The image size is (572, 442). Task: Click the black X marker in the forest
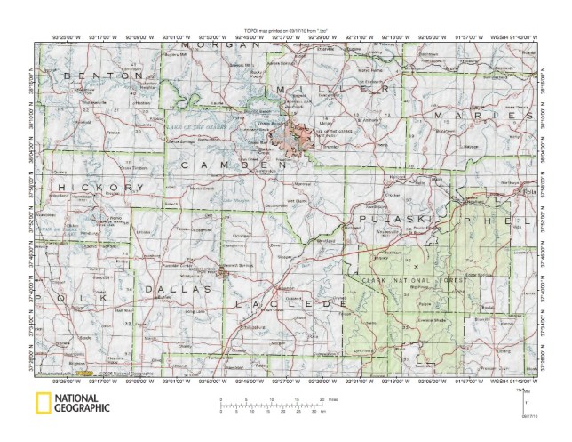coord(417,264)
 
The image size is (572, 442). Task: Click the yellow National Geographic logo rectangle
coord(42,404)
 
